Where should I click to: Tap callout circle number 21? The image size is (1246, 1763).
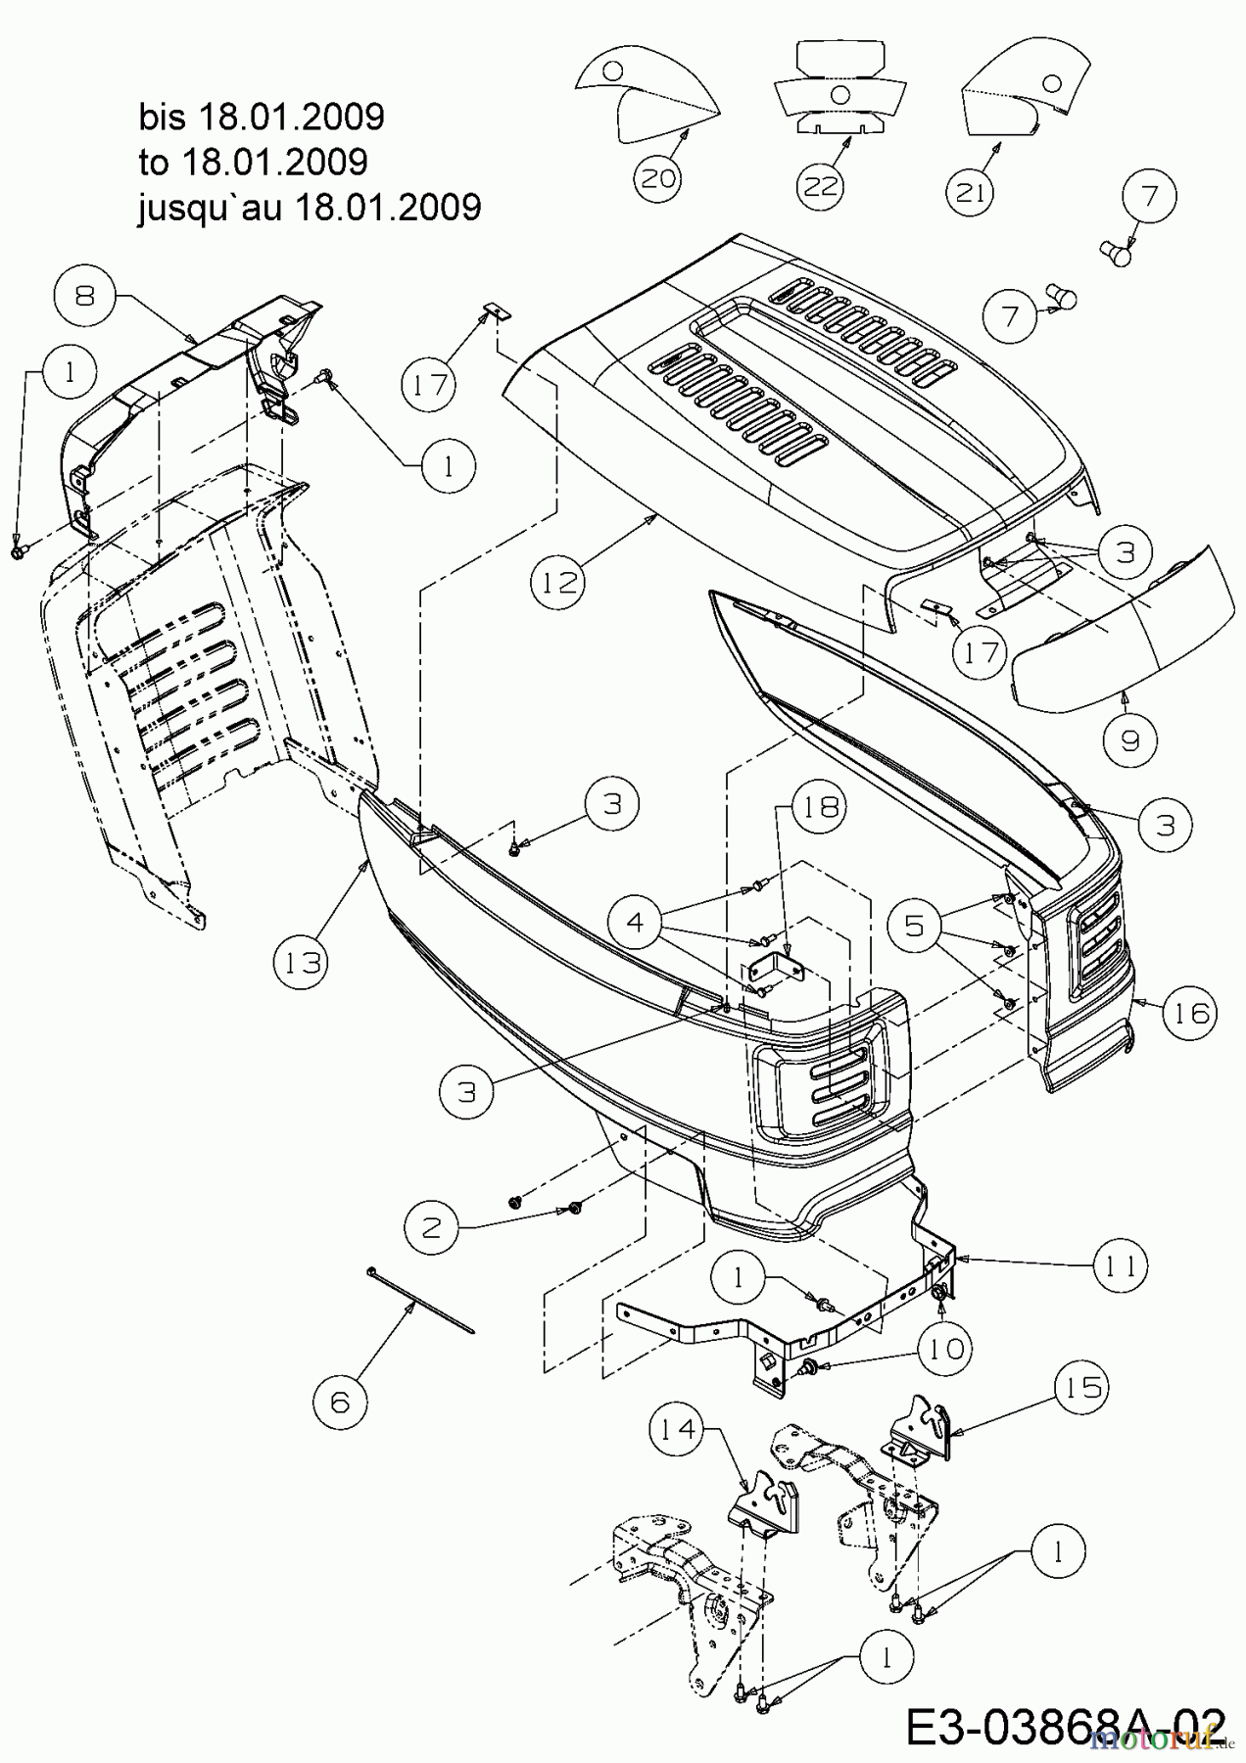point(971,192)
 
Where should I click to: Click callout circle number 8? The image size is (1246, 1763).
point(84,295)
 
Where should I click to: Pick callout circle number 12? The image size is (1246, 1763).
point(557,582)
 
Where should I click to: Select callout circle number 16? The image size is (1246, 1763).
point(1191,1012)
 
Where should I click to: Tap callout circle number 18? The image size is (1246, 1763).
point(821,806)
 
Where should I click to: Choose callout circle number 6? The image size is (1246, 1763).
point(340,1402)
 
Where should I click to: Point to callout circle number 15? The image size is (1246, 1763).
point(1081,1387)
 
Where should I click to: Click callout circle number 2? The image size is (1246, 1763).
point(432,1227)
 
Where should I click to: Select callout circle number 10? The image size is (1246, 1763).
point(944,1350)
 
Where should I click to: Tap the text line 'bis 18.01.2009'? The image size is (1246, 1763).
point(262,117)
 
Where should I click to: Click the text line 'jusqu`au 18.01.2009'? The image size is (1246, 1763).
point(310,207)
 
